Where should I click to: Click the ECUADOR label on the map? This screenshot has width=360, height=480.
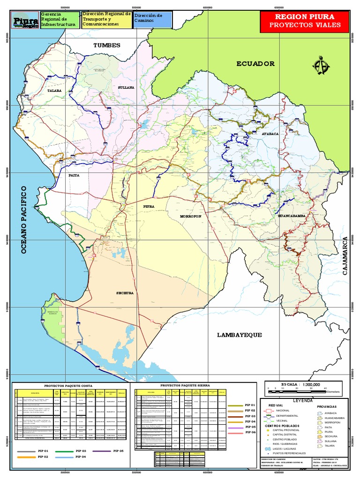[255, 64]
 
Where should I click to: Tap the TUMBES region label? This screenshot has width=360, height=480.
[107, 45]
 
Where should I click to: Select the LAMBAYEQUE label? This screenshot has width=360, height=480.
[239, 335]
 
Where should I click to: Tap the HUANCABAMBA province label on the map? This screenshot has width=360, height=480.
[292, 216]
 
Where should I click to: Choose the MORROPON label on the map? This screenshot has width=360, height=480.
[190, 216]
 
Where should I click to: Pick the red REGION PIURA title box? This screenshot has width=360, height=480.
[304, 21]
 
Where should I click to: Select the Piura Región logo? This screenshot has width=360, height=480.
[25, 22]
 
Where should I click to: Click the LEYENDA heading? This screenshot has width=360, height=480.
[302, 401]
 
